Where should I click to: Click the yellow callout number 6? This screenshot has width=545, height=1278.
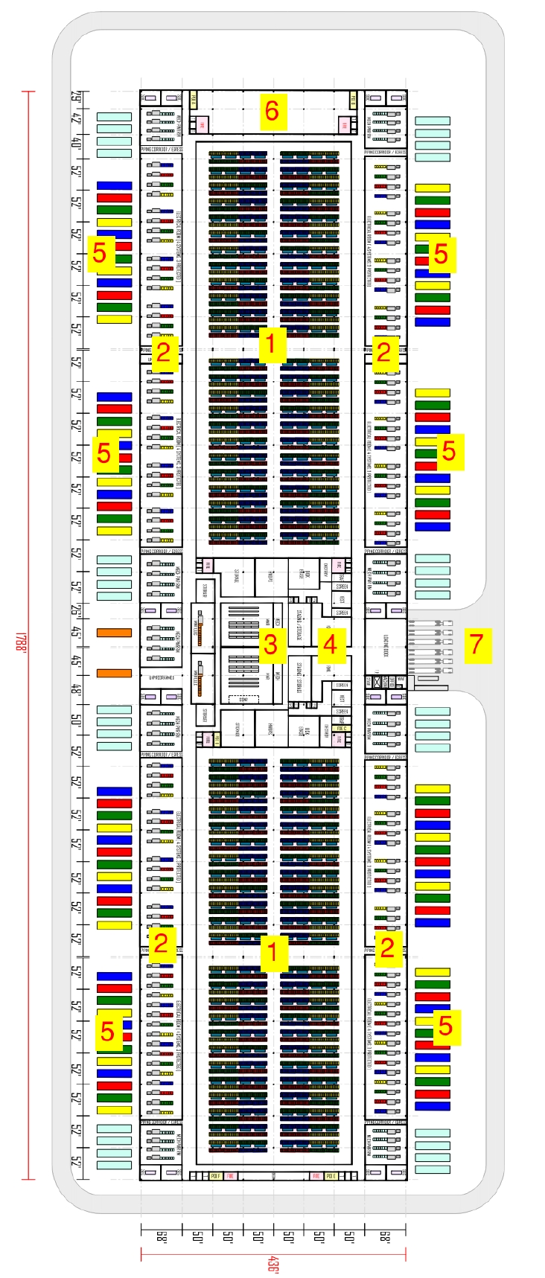272,112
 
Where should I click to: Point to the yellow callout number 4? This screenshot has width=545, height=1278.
330,645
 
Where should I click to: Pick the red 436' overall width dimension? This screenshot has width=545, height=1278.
273,1264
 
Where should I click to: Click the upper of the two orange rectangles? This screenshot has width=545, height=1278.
114,633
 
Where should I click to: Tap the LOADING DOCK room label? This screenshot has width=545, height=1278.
386,645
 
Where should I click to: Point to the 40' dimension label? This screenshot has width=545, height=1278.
77,143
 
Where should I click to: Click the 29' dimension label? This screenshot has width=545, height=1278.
77,97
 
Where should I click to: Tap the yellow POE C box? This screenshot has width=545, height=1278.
342,729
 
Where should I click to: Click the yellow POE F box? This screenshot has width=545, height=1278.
216,1175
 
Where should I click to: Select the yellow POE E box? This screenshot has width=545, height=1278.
330,1175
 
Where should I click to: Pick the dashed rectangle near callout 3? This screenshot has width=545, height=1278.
243,699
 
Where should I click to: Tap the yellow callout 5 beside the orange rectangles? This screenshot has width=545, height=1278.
103,453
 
